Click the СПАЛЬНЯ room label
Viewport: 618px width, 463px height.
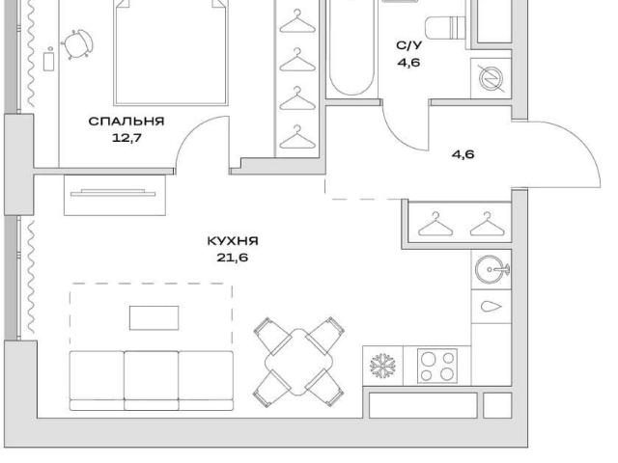tap(126, 121)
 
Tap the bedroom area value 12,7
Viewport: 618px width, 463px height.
tap(126, 138)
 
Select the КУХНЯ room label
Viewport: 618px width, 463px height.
tap(233, 240)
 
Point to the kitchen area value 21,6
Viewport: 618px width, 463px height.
tap(232, 258)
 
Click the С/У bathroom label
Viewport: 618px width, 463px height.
tap(408, 45)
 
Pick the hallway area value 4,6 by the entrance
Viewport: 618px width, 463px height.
tap(463, 154)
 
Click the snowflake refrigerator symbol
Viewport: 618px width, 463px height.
tap(382, 366)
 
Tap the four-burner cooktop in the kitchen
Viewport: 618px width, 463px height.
tap(437, 366)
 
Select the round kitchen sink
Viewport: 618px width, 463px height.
tap(492, 270)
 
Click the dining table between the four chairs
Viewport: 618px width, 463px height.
tap(298, 362)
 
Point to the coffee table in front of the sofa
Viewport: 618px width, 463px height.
tap(154, 317)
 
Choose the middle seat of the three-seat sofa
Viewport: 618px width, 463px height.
tap(152, 381)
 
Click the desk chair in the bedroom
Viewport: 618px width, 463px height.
tap(77, 43)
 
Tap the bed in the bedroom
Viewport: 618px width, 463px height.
tap(171, 52)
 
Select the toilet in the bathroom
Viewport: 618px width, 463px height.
tap(445, 28)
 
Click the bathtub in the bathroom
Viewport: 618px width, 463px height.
tap(351, 47)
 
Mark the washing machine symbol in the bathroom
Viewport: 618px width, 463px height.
tap(491, 78)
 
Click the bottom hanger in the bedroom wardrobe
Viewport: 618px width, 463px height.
tap(297, 137)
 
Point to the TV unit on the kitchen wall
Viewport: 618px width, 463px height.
tap(115, 195)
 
